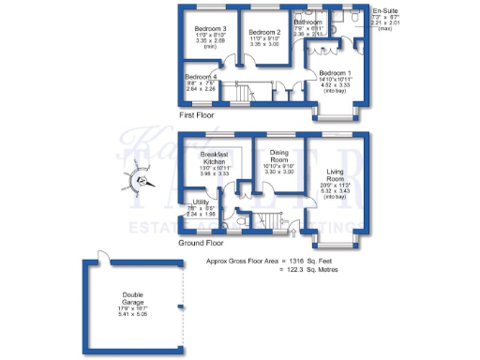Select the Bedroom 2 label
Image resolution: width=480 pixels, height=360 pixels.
click(265, 31)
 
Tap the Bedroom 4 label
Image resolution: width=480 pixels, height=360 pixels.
click(201, 77)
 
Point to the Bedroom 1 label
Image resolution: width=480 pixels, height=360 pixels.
click(335, 72)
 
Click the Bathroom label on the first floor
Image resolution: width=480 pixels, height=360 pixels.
click(308, 22)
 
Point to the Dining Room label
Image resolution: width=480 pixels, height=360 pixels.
click(280, 155)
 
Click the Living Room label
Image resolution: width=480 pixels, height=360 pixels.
click(337, 177)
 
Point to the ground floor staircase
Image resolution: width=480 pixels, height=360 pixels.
click(271, 220)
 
